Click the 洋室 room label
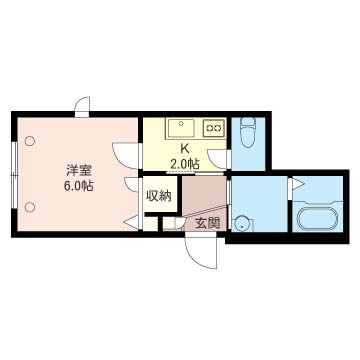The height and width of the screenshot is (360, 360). (79, 171)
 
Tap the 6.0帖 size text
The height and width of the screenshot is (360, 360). (78, 186)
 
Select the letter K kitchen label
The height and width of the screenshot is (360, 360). (184, 148)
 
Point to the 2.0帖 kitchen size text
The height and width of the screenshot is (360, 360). (185, 164)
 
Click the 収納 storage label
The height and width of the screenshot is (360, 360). (159, 196)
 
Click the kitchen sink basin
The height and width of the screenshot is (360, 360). (181, 128)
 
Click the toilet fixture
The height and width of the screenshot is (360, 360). (248, 132)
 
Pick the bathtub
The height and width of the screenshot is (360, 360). (317, 219)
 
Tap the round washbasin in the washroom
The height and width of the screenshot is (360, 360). (242, 224)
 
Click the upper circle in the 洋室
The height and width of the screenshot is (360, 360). (30, 141)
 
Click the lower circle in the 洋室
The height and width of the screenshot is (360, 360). (30, 207)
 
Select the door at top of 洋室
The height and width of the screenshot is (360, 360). (82, 107)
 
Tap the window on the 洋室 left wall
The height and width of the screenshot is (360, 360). (14, 176)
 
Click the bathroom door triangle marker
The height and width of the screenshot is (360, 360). (297, 184)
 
